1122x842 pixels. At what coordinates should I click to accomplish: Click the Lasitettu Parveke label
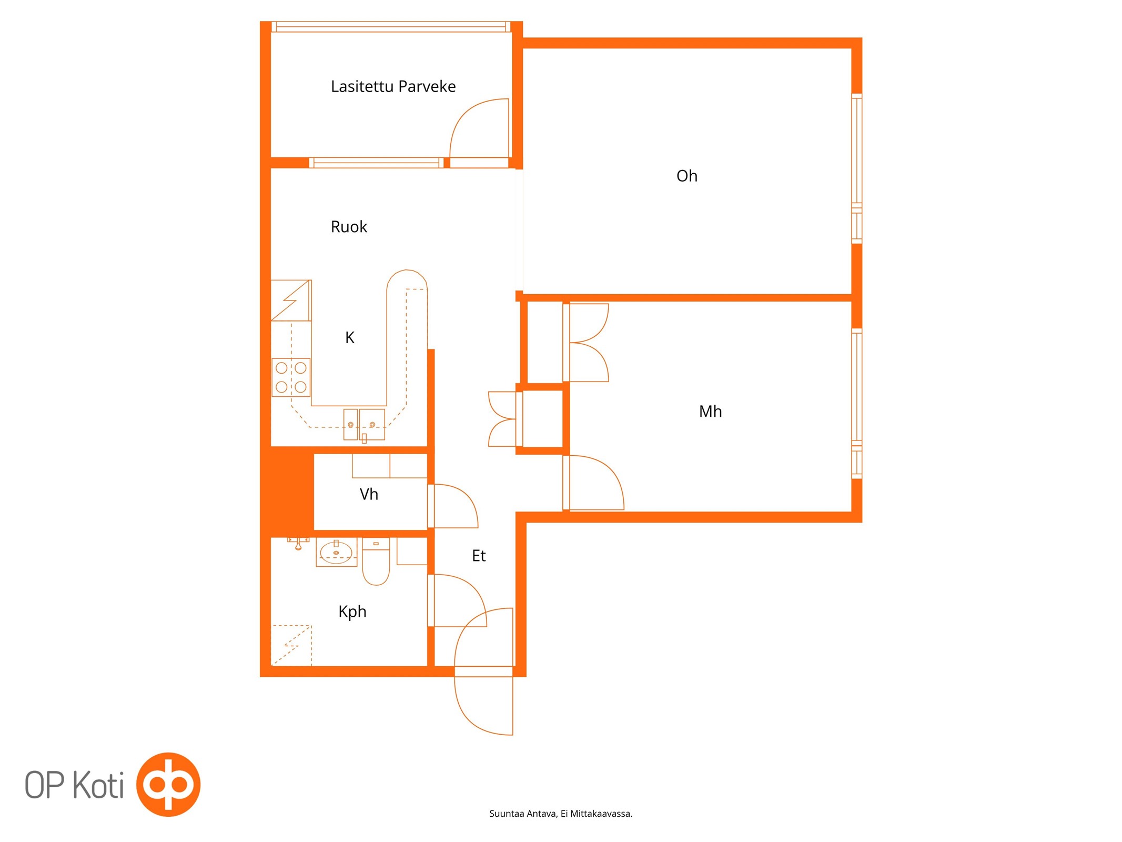pos(393,86)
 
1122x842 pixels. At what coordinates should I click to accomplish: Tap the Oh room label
pos(686,176)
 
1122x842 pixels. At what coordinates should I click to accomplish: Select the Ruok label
pos(349,227)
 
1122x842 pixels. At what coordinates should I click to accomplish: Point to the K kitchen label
pos(350,337)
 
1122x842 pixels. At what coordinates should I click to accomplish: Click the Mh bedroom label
pos(710,411)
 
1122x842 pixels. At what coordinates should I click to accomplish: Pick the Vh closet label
pos(369,494)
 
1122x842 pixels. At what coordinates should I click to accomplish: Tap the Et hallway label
pos(479,556)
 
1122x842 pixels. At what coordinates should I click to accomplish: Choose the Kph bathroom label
pos(352,612)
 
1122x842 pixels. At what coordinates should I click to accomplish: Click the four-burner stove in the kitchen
pos(291,377)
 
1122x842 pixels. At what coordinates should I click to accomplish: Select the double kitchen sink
pos(364,424)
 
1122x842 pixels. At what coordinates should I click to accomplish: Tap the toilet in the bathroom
pos(376,561)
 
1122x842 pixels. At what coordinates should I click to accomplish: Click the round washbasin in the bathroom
pos(336,553)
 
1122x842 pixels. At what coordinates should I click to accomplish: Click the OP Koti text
pos(74,785)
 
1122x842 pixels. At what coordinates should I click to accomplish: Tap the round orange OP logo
pos(168,785)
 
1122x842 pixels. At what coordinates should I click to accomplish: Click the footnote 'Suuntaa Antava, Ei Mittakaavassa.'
pos(561,814)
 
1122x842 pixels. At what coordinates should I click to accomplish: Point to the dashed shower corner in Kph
pos(291,646)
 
